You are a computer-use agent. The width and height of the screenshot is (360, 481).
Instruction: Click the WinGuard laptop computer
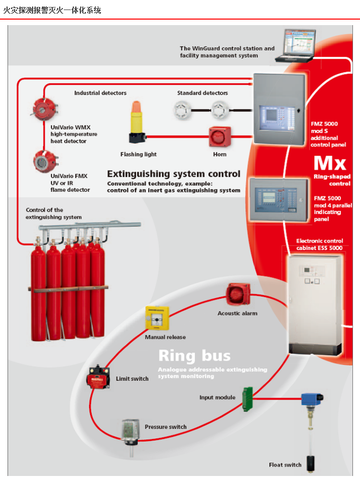(x=295, y=46)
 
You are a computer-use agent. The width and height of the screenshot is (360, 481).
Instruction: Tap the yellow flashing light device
(x=137, y=122)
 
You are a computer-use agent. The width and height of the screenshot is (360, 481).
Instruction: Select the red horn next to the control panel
(x=219, y=137)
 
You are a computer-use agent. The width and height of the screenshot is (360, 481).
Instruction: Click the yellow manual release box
(x=157, y=318)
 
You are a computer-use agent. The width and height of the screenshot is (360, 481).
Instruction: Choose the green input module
(x=248, y=399)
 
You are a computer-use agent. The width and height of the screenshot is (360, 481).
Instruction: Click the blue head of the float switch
(x=312, y=399)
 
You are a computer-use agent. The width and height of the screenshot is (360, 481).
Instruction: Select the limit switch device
(x=98, y=377)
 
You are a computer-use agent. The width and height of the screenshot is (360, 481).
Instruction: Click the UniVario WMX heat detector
(x=45, y=109)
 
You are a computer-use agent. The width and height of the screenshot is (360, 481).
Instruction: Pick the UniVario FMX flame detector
(x=45, y=161)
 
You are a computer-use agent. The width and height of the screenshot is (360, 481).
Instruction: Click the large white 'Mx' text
(x=330, y=163)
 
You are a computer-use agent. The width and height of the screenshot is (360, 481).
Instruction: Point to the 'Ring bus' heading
(x=194, y=356)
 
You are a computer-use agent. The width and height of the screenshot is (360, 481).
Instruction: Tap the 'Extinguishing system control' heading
(x=174, y=174)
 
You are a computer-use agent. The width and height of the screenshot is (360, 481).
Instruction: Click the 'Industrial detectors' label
(x=100, y=93)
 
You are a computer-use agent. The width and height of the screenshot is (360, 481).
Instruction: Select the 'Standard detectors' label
(x=202, y=93)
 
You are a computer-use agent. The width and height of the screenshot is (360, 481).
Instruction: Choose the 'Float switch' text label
(x=285, y=465)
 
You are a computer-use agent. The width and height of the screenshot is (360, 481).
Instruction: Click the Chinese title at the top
(x=52, y=11)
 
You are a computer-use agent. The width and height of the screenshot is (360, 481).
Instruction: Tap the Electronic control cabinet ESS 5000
(x=315, y=305)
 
